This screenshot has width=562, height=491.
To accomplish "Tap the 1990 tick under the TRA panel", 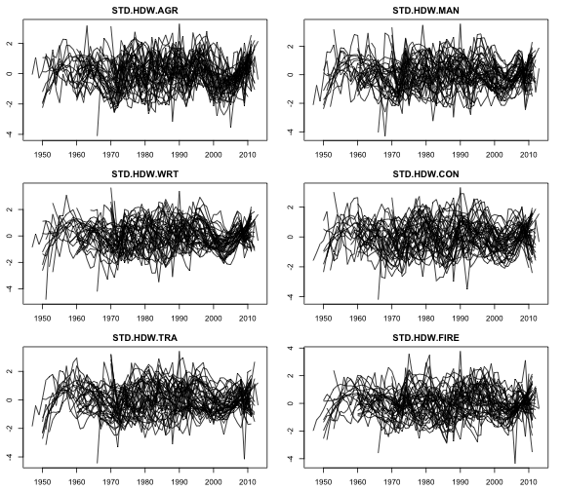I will (179, 480).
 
